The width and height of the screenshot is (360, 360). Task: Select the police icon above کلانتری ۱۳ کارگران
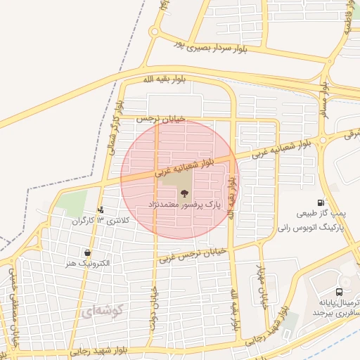click(x=101, y=210)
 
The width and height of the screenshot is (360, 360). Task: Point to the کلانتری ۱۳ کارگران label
click(x=101, y=221)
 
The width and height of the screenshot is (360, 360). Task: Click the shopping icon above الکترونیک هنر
click(x=86, y=252)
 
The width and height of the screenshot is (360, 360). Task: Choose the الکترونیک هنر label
click(x=86, y=264)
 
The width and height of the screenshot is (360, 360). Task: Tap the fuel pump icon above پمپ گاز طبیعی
click(x=321, y=202)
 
